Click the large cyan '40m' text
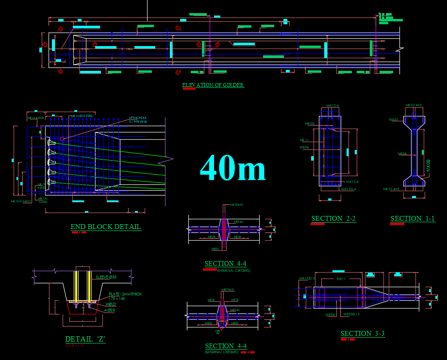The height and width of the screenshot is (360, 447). (232, 168)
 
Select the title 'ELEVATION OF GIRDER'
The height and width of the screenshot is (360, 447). (213, 85)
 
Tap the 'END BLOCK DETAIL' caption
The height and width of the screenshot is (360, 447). (106, 227)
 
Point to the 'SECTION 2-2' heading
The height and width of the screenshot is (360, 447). (333, 218)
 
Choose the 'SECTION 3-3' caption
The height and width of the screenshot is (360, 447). (363, 333)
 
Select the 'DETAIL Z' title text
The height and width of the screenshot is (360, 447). (85, 339)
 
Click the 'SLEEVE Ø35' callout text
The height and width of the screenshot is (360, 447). (106, 277)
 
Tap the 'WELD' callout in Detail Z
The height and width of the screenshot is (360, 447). (111, 305)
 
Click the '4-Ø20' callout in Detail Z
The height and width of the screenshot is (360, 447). (109, 310)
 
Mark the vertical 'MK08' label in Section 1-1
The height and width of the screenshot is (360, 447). (428, 165)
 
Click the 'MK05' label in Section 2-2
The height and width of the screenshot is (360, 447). (309, 124)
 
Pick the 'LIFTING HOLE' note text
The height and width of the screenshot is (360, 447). (138, 118)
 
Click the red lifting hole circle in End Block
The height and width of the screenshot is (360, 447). (62, 139)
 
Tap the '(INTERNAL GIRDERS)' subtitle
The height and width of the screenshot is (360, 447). (234, 270)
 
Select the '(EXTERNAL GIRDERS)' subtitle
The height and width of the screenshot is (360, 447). (222, 352)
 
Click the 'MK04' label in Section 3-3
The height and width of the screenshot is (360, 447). (330, 315)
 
